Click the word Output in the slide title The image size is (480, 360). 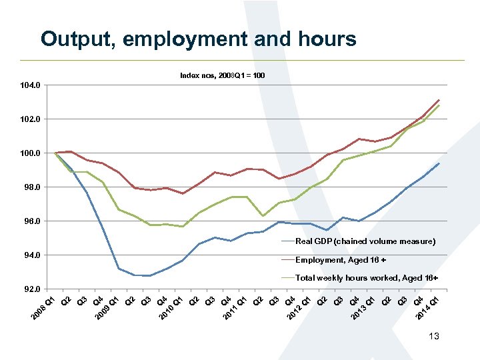click(77, 39)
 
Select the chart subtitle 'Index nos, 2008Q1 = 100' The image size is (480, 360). click(222, 75)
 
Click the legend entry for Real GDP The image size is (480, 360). click(365, 241)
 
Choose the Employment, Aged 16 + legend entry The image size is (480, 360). click(350, 260)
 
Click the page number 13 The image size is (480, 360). click(434, 338)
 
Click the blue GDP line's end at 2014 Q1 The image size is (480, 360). click(439, 163)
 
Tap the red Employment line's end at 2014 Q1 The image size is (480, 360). click(439, 99)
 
